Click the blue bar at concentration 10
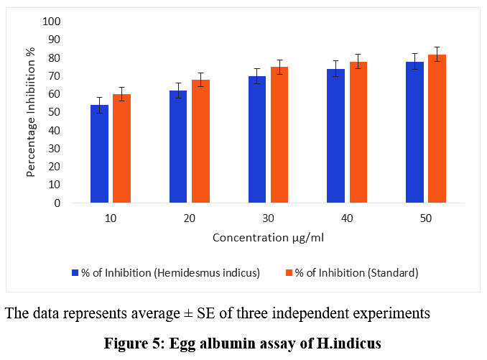(x=99, y=154)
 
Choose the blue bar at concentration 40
(x=335, y=136)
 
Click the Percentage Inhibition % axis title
(x=32, y=112)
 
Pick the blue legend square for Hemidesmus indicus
(x=74, y=272)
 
